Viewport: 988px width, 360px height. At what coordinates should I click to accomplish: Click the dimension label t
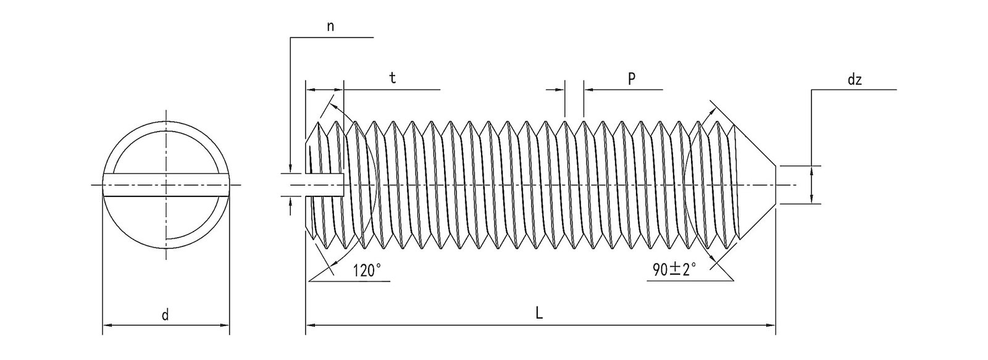(393, 78)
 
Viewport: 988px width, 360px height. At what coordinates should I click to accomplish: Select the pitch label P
(631, 78)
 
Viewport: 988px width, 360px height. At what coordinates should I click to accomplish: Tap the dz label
(855, 80)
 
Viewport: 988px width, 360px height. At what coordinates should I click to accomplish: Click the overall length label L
(539, 314)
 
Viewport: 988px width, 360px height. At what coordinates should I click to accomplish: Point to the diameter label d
(165, 316)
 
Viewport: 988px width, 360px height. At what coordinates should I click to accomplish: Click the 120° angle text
(367, 270)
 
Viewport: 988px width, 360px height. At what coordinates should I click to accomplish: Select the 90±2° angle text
(674, 270)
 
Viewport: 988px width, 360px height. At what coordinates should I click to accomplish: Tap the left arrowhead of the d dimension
(106, 324)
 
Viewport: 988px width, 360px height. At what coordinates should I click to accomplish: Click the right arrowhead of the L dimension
(771, 324)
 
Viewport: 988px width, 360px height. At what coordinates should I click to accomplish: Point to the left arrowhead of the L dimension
(311, 324)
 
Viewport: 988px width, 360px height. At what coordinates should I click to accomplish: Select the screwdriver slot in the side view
(324, 185)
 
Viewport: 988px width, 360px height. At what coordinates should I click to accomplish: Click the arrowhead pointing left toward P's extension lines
(588, 90)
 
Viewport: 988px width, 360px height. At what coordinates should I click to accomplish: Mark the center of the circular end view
(165, 185)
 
